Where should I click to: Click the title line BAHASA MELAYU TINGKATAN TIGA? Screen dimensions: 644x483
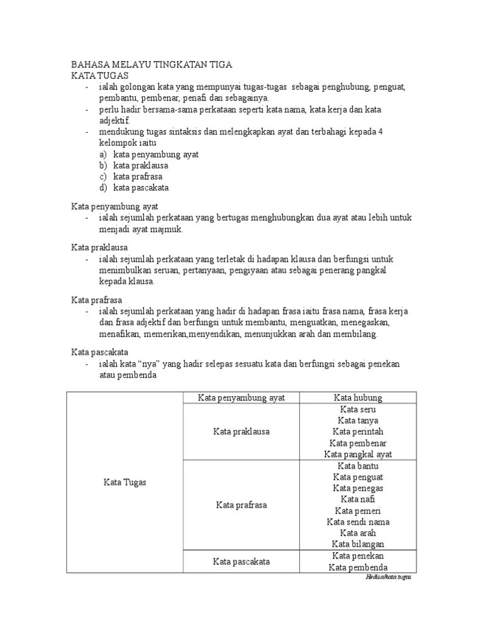coord(151,65)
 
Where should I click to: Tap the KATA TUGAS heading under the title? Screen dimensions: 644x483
coord(99,75)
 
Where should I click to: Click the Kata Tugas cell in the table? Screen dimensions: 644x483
coord(125,482)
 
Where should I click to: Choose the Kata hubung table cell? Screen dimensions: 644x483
coord(358,397)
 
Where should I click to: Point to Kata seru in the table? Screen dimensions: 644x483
coord(358,409)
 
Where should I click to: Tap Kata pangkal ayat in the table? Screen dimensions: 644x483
coord(358,454)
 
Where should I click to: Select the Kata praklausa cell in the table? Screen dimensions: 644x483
coord(241,431)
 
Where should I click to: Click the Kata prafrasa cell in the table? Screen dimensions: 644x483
coord(241,505)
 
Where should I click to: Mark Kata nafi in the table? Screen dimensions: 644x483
coord(358,499)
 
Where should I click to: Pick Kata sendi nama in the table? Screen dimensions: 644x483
coord(358,522)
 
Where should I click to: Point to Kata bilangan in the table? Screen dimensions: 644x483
coord(358,544)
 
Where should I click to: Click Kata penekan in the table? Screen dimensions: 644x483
coord(358,556)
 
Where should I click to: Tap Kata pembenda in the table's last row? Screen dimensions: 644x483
coord(358,568)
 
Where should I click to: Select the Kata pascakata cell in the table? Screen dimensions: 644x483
coord(241,562)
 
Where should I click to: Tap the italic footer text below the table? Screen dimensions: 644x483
coord(387,577)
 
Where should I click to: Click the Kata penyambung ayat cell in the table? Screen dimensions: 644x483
coord(241,397)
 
